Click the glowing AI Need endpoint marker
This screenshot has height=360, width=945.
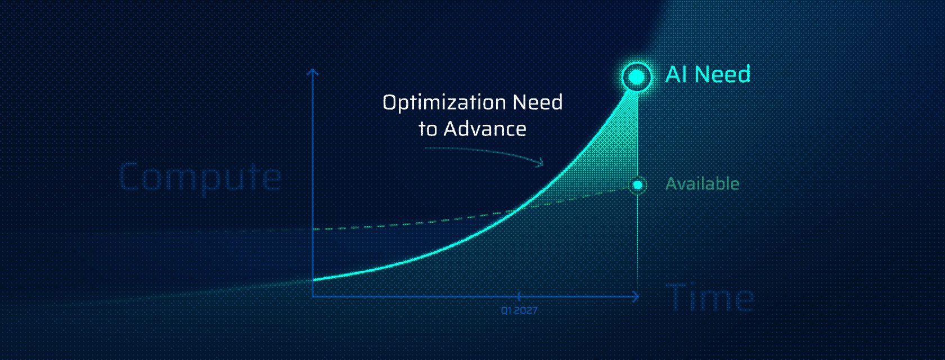click(x=637, y=76)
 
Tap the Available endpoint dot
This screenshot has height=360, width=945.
click(x=637, y=184)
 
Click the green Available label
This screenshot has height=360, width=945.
click(x=702, y=184)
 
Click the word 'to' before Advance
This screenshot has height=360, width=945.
click(x=427, y=129)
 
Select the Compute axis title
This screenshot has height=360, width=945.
click(x=200, y=177)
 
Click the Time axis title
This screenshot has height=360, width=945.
click(x=710, y=298)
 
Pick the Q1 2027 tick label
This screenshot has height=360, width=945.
click(x=519, y=310)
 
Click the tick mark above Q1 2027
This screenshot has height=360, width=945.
click(x=519, y=296)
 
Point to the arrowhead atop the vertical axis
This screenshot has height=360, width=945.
click(x=313, y=71)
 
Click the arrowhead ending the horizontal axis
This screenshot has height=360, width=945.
click(x=637, y=296)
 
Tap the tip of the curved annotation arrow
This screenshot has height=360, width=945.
click(x=543, y=164)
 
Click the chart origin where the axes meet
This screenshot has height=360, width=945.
click(x=313, y=296)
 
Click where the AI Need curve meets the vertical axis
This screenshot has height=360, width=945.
click(x=313, y=279)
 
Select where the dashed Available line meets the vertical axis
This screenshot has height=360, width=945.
click(x=313, y=229)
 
